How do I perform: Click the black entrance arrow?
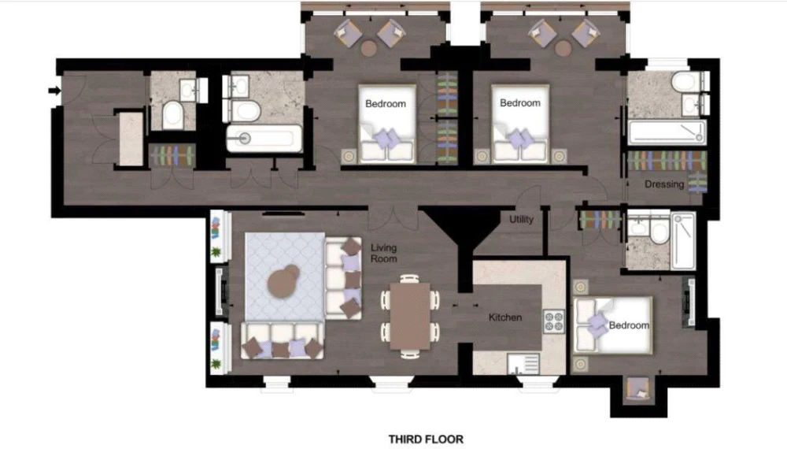(55, 91)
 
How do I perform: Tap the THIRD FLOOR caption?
(426, 439)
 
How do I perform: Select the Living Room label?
(384, 253)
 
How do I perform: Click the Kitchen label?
(505, 317)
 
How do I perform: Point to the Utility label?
(522, 220)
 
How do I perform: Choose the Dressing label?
(664, 184)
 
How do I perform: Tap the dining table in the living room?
(410, 316)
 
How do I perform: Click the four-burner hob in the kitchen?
(553, 321)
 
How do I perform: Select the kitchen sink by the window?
(523, 364)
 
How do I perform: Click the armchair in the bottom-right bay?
(638, 389)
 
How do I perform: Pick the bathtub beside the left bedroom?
(264, 139)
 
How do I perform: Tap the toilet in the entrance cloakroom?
(172, 114)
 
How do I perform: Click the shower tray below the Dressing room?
(684, 240)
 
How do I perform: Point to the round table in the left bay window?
(369, 49)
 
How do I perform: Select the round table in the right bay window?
(563, 49)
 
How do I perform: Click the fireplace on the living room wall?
(221, 291)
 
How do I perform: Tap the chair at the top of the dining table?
(410, 278)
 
